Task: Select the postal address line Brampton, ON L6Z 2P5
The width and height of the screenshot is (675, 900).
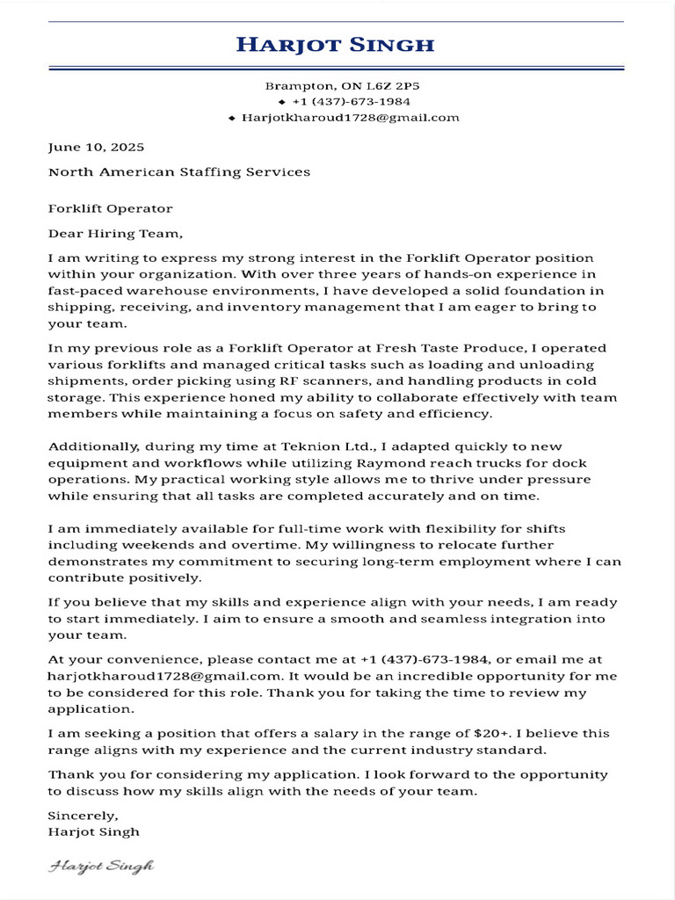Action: [x=337, y=86]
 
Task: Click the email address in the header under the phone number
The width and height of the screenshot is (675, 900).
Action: [x=350, y=118]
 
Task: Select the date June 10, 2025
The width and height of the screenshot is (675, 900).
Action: [x=96, y=147]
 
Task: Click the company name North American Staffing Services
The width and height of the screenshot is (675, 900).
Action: [x=179, y=171]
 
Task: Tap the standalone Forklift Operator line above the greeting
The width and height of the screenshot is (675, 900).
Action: [x=110, y=208]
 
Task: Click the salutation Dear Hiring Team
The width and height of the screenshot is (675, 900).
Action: [x=116, y=233]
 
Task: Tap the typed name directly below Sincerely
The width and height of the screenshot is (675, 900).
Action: [x=93, y=831]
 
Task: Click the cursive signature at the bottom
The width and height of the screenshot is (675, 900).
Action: [x=101, y=866]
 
